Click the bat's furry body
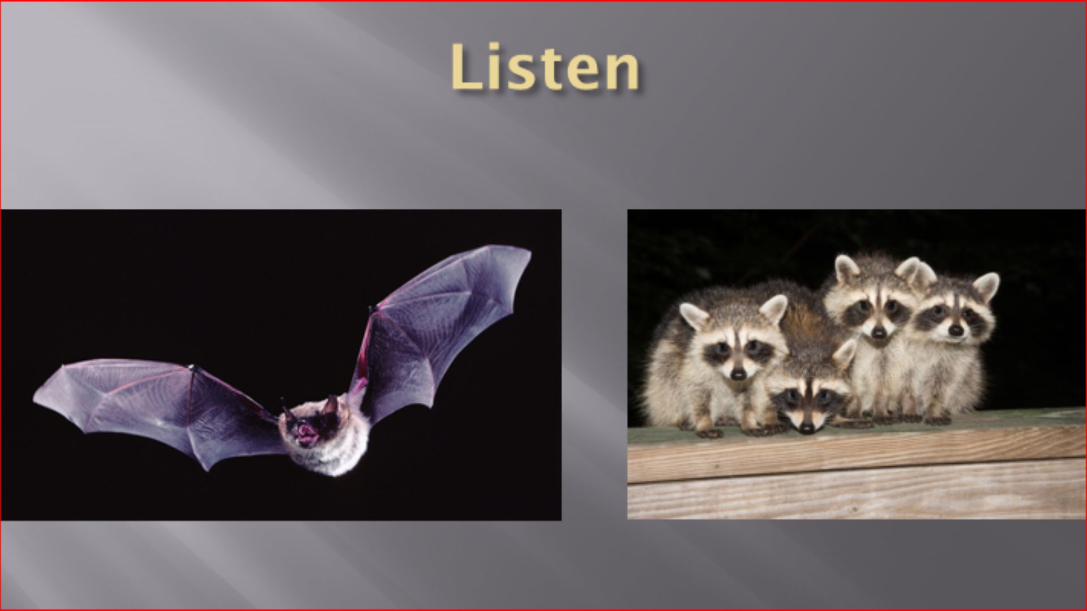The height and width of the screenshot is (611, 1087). [328, 436]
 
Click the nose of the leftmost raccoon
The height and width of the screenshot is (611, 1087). [738, 373]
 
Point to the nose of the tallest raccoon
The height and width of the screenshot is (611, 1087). [878, 333]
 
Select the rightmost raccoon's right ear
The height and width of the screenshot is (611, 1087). [986, 286]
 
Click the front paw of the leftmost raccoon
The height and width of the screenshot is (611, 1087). [709, 432]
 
